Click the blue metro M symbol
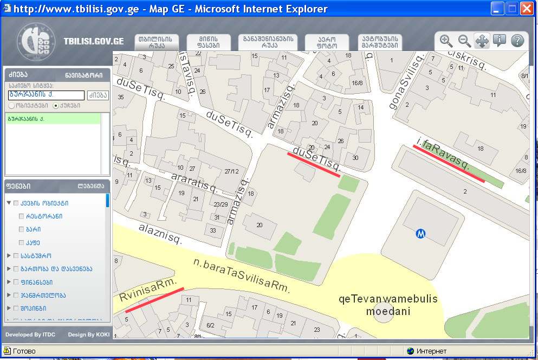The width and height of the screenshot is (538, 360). coord(420,234)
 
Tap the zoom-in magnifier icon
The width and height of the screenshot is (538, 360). coord(446,41)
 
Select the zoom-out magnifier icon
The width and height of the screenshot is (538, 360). coord(464,41)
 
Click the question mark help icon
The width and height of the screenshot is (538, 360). coord(517,41)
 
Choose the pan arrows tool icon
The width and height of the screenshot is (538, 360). coord(482,41)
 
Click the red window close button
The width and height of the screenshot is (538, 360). coord(527,9)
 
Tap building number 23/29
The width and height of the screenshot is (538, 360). coord(221,204)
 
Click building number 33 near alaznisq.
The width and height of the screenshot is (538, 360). coord(213,230)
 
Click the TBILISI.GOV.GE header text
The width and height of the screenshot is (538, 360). coord(94,41)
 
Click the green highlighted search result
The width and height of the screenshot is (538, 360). coord(53,118)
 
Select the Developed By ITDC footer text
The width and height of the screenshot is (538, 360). coord(30,335)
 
